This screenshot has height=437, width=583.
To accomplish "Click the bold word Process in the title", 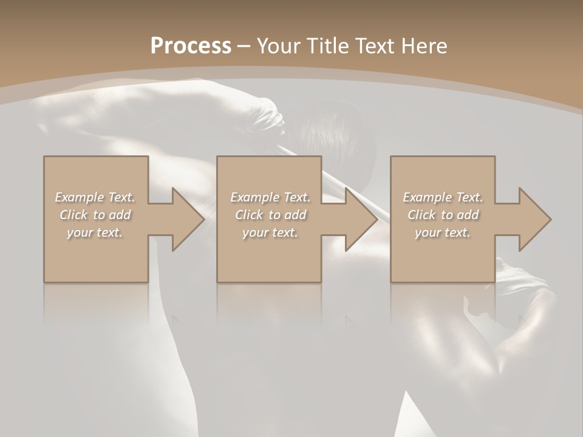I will point(191,46).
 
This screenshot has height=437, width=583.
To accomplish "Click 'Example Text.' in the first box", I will point(95,197).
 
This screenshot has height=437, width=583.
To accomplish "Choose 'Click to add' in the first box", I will point(95,215).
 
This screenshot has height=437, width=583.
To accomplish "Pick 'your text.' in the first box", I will point(95,232).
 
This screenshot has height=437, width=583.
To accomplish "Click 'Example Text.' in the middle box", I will point(270,197).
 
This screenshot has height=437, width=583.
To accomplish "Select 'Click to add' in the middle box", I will point(270,215).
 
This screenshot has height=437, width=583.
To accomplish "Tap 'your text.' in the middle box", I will point(270,232).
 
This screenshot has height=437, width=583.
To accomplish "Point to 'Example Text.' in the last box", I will point(443,197).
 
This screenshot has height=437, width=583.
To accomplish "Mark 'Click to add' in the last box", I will point(443,215).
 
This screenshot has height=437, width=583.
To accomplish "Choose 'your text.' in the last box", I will point(443,232).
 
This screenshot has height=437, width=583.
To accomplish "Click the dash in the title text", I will point(244,46).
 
